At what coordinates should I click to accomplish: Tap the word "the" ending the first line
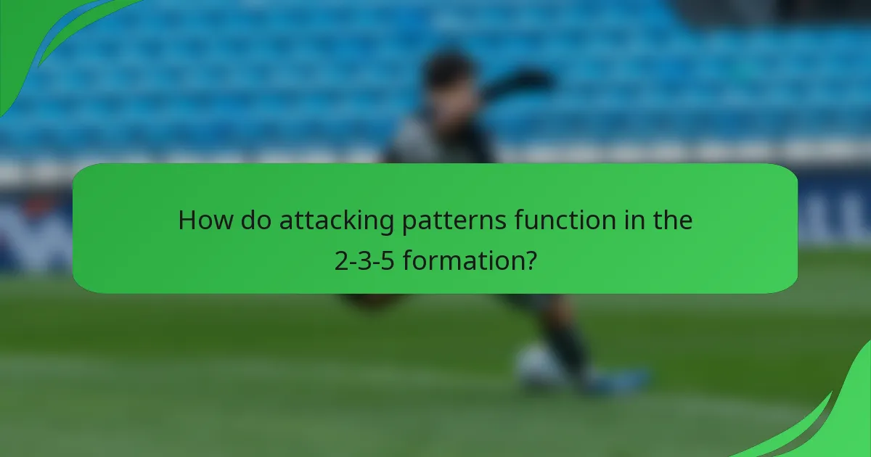672,221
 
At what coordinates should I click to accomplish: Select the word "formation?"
470,260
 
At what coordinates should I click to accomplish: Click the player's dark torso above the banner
443,138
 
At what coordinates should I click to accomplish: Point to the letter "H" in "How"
187,221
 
